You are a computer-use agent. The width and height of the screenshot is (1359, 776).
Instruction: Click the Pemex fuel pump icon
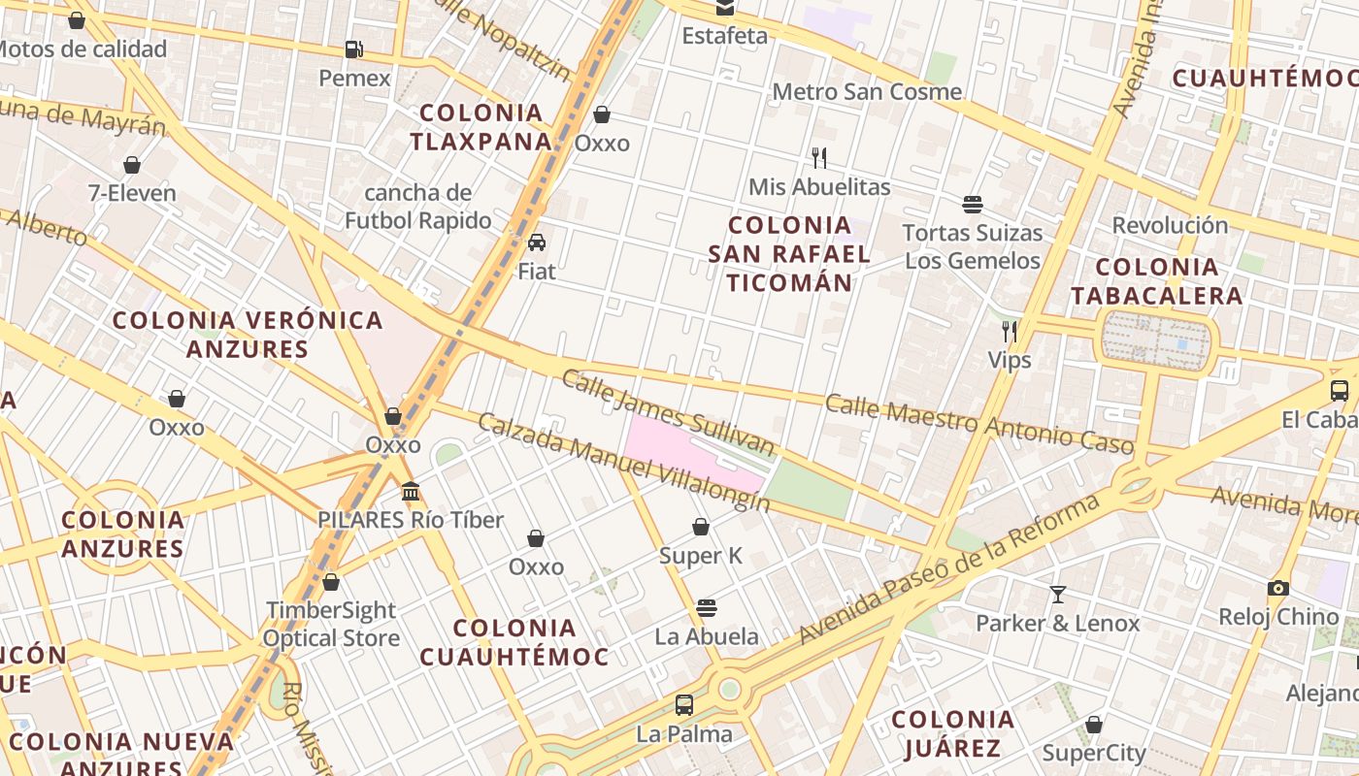pos(354,49)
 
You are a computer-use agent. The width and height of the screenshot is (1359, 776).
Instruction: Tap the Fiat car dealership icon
pos(537,242)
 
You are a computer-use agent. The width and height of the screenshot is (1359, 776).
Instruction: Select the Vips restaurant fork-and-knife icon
pos(1010,332)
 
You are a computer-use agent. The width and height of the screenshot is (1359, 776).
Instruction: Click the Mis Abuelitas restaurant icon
pos(819,158)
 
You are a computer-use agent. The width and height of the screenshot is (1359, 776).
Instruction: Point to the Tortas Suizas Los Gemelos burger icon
pos(973,205)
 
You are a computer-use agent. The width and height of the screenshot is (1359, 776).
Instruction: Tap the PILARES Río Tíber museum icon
pos(411,492)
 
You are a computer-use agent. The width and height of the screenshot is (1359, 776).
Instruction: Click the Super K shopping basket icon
pos(701,527)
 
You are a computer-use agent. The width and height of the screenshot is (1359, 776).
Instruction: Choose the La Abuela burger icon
pos(707,608)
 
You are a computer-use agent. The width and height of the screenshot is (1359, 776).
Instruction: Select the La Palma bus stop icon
pos(684,705)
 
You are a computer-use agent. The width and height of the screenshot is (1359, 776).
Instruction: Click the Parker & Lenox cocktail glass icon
pos(1058,594)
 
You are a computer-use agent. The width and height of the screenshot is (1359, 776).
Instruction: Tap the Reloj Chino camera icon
pos(1278,588)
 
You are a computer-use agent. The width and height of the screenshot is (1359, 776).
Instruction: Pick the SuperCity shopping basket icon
pos(1094,725)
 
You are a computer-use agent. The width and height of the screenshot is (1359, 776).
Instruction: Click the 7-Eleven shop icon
pos(132,165)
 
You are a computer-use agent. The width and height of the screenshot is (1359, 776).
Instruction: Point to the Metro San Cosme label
pos(867,92)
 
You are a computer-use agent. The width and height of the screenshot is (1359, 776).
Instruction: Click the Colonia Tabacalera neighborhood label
pos(1156,281)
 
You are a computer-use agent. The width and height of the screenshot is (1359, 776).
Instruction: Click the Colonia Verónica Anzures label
pos(248,334)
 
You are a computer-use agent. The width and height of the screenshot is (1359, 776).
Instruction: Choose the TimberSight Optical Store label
pos(331,624)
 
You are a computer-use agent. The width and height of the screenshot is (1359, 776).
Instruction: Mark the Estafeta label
pos(724,36)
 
